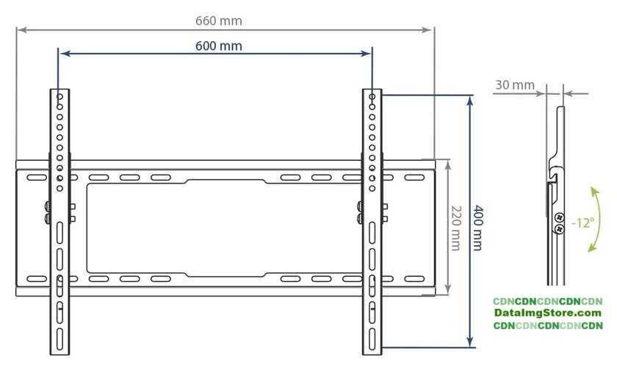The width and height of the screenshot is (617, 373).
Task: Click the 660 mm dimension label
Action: (x=219, y=21)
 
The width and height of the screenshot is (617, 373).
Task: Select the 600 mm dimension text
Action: (x=219, y=46)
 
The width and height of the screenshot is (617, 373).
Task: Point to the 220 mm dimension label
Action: (x=455, y=228)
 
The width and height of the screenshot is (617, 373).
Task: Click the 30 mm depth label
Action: (x=515, y=85)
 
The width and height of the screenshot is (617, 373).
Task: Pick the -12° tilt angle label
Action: (x=582, y=223)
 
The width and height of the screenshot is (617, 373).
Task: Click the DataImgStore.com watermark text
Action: (x=548, y=314)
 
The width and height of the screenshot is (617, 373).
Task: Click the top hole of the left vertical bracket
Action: (x=59, y=96)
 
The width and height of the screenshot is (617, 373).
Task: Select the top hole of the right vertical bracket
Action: (x=372, y=96)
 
